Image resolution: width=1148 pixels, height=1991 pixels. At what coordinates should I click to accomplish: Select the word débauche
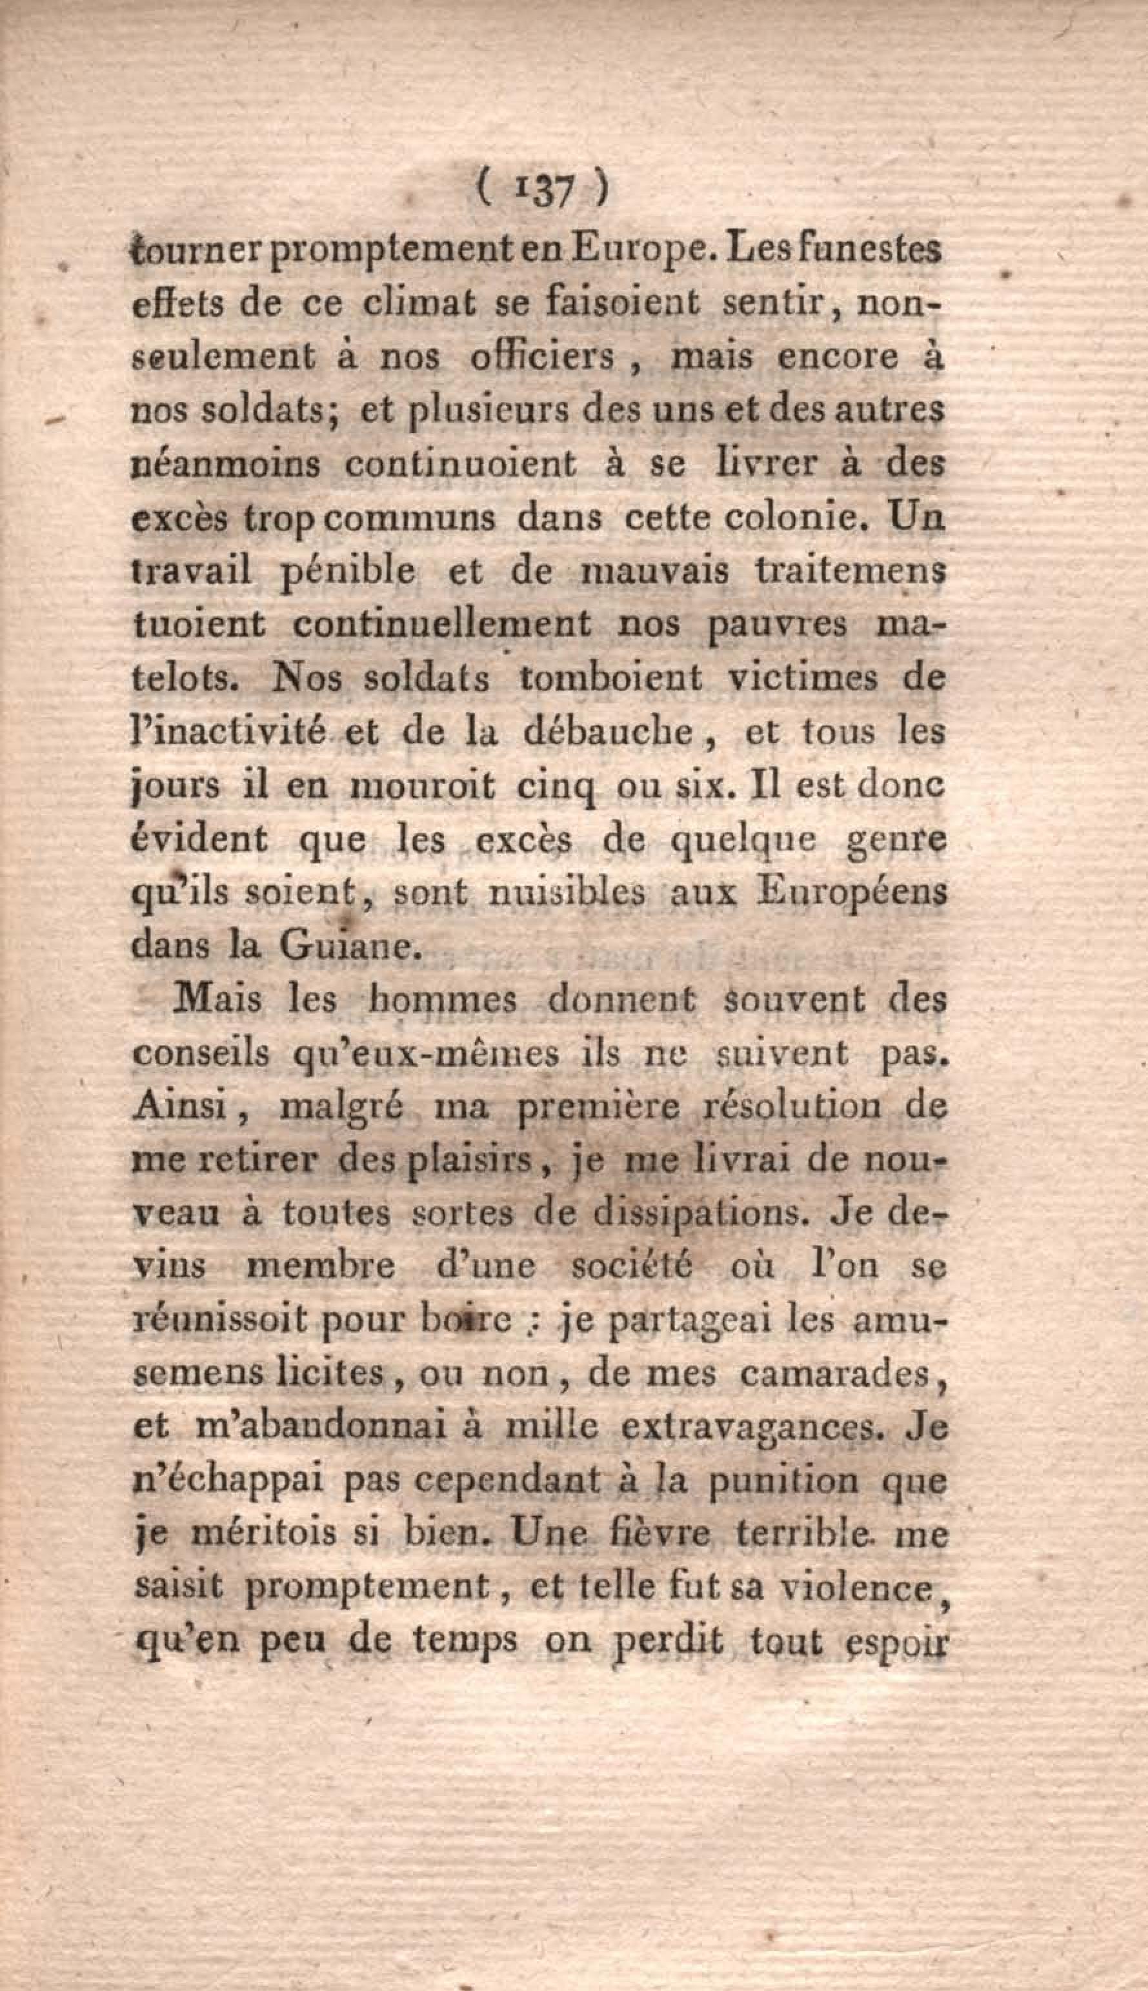tap(608, 732)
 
